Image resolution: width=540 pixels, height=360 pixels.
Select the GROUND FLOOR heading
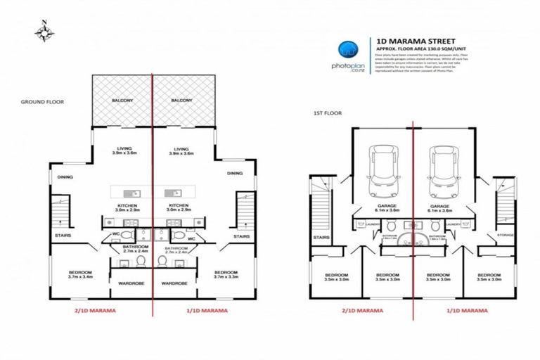pos(42,102)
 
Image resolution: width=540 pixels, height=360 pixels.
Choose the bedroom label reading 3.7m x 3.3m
pos(226,275)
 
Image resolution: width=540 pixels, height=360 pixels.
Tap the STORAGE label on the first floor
pos(506,235)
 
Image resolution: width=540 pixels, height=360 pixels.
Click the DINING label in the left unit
pos(65,177)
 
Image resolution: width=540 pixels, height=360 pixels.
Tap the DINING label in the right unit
pos(235,173)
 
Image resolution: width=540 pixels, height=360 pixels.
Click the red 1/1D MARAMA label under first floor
pos(467,309)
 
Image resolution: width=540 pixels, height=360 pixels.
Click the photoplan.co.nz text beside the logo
pos(347,65)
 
